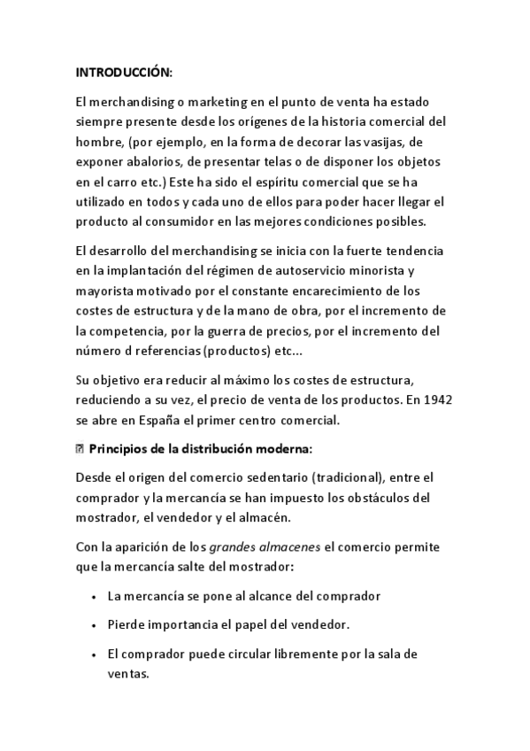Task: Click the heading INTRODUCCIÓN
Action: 124,72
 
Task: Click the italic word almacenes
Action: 290,546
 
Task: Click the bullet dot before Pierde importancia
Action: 94,625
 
